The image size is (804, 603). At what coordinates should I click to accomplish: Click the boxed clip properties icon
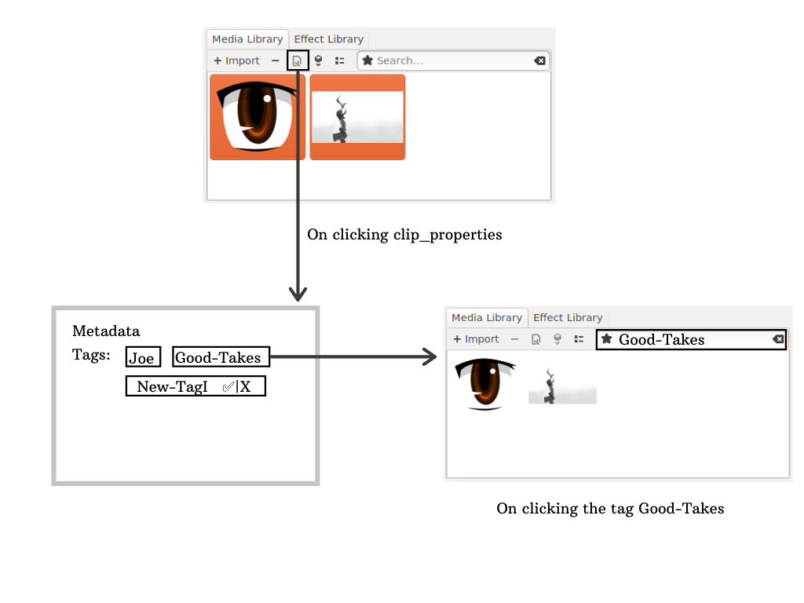pyautogui.click(x=298, y=60)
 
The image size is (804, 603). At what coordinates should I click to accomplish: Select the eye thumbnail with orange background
pyautogui.click(x=258, y=117)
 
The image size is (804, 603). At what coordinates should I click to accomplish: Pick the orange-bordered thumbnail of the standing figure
pyautogui.click(x=357, y=117)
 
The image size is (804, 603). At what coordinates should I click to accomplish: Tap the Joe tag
pyautogui.click(x=142, y=357)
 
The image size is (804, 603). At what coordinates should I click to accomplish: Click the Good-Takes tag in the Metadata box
pyautogui.click(x=220, y=357)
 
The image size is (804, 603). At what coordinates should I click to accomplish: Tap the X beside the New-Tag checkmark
pyautogui.click(x=246, y=386)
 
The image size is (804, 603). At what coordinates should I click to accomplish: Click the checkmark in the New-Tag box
pyautogui.click(x=228, y=386)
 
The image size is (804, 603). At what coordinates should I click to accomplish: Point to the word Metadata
pyautogui.click(x=106, y=331)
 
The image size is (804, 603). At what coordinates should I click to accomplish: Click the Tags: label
pyautogui.click(x=91, y=355)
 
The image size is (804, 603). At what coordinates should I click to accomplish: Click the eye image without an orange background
pyautogui.click(x=485, y=384)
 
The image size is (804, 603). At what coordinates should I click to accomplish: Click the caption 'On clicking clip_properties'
pyautogui.click(x=404, y=234)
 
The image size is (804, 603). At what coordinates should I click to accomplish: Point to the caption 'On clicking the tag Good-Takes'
pyautogui.click(x=610, y=508)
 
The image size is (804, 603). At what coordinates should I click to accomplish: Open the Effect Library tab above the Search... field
pyautogui.click(x=329, y=38)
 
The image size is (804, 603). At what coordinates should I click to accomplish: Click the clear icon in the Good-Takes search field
pyautogui.click(x=777, y=339)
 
